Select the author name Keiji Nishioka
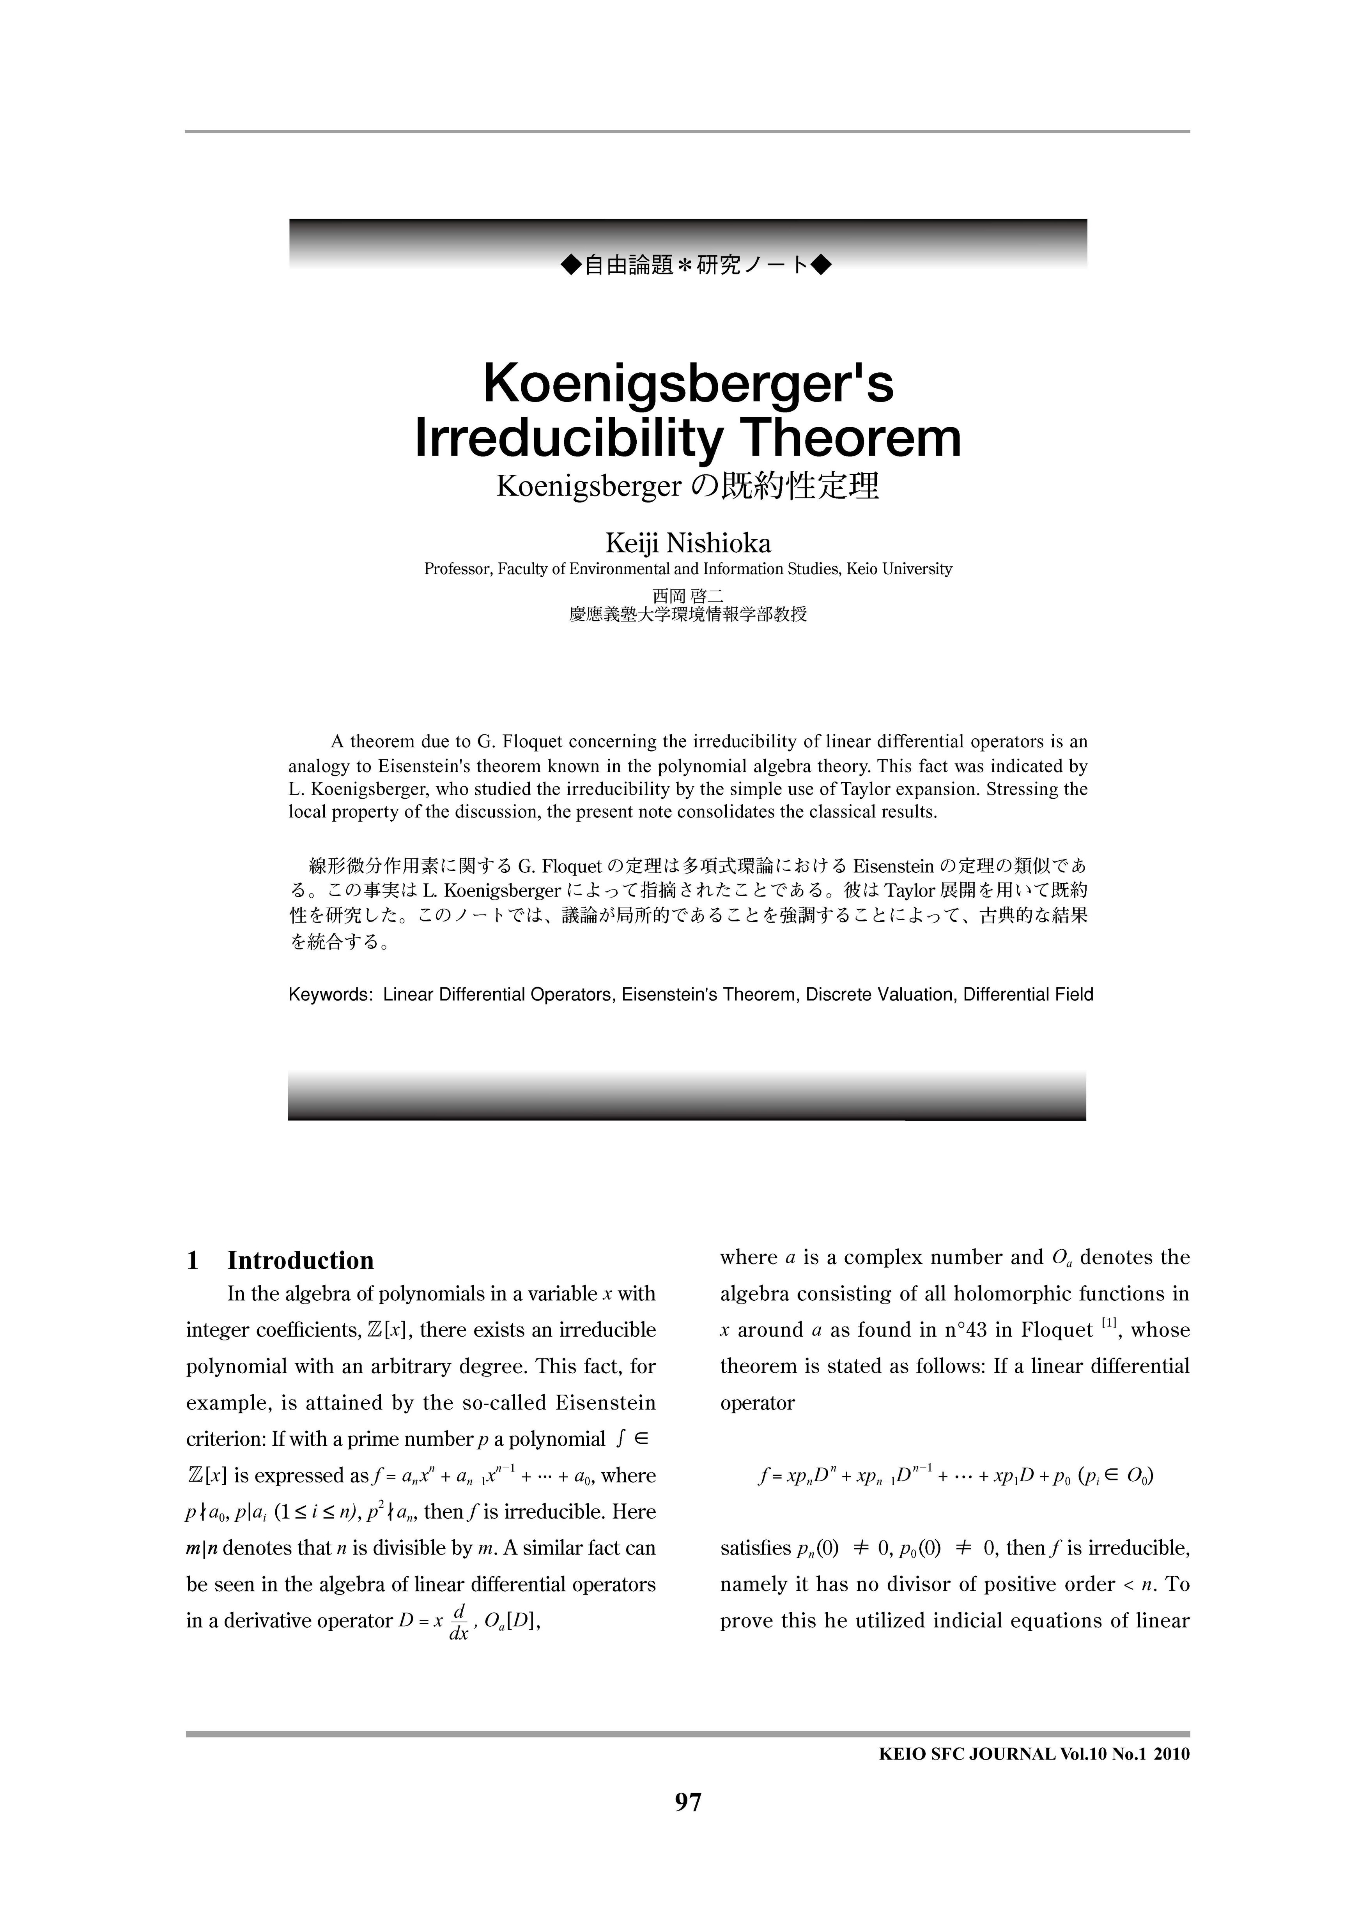[688, 543]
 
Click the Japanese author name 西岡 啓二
[688, 596]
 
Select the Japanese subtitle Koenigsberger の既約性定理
[688, 486]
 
